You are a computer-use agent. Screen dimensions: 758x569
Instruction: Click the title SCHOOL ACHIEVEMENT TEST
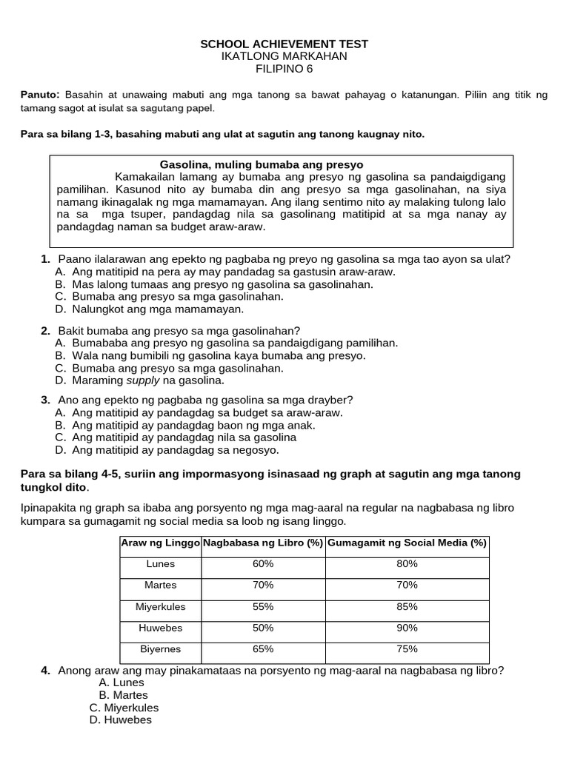click(284, 44)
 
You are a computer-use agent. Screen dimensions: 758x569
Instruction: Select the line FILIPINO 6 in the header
click(284, 69)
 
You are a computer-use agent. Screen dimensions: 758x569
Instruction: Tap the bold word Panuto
click(39, 95)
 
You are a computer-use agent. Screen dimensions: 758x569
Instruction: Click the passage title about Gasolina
click(262, 164)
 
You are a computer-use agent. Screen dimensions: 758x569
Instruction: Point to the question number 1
click(45, 259)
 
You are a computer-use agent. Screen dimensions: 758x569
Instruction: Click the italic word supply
click(142, 380)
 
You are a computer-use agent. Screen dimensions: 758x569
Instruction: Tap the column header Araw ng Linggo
click(161, 543)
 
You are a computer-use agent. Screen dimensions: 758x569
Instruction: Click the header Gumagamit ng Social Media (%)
click(407, 543)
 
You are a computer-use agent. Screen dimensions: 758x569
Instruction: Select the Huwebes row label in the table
click(161, 628)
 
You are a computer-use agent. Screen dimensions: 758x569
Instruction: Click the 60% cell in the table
click(262, 564)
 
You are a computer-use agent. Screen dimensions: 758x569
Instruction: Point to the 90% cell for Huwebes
click(407, 628)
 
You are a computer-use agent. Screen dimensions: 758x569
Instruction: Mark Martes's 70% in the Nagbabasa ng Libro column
click(262, 585)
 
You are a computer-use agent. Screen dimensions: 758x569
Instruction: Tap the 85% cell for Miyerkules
click(407, 606)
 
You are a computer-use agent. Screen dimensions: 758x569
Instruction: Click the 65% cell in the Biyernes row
click(262, 649)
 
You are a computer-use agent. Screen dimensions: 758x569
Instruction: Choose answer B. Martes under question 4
click(123, 695)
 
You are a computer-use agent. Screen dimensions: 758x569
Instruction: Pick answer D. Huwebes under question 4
click(120, 720)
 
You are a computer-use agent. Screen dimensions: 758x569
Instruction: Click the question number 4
click(45, 671)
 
